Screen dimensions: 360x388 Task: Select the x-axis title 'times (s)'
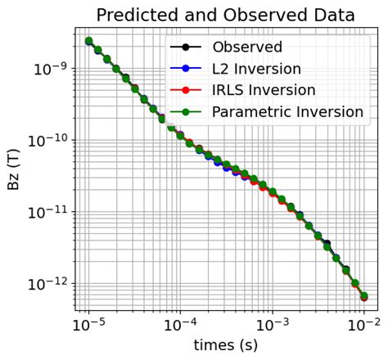click(x=225, y=344)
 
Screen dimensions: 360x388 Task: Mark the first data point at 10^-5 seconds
click(x=88, y=41)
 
